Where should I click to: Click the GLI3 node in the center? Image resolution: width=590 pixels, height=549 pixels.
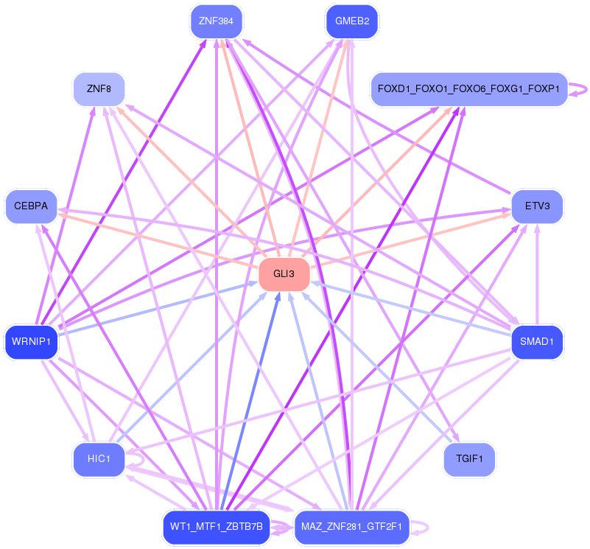click(x=284, y=274)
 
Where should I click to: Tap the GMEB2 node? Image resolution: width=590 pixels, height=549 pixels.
click(x=352, y=21)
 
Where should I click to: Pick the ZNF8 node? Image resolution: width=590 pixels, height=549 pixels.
click(x=99, y=89)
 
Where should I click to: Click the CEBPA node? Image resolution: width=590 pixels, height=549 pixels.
click(x=30, y=206)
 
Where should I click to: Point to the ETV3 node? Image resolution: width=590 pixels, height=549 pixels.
click(x=537, y=206)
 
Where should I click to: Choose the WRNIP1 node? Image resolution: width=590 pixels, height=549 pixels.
click(x=31, y=341)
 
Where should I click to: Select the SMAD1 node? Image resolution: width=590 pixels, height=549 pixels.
click(x=537, y=341)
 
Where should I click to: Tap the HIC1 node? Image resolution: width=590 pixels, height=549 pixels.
click(x=99, y=460)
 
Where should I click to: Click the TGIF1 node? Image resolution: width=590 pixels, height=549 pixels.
click(x=469, y=460)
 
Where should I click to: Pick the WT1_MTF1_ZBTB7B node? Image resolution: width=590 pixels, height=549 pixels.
click(x=216, y=528)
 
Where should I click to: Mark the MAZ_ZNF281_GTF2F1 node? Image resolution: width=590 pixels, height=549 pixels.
click(x=352, y=528)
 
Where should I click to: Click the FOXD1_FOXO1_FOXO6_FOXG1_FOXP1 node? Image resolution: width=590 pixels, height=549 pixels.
click(x=469, y=89)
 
